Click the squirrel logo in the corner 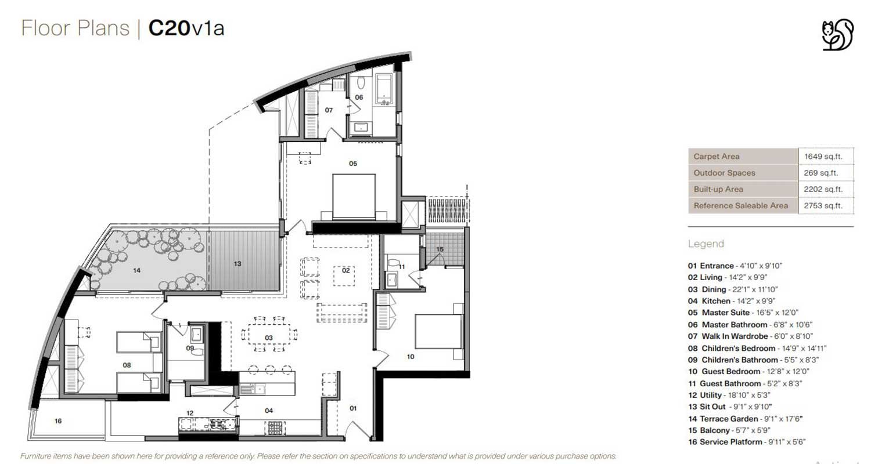click(x=837, y=35)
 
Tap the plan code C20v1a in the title click(x=186, y=28)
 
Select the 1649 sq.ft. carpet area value click(x=823, y=157)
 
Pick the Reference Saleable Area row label click(x=741, y=206)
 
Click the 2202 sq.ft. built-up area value click(x=823, y=190)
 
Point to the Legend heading click(x=706, y=244)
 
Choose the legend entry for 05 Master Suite click(x=743, y=313)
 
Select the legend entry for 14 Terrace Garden click(x=746, y=419)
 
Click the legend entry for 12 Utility click(x=729, y=395)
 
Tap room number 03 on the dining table click(x=269, y=338)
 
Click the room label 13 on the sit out click(x=237, y=264)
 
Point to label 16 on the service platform click(x=58, y=421)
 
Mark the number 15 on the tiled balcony click(x=440, y=249)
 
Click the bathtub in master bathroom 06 click(x=383, y=89)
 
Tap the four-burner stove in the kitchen click(x=275, y=428)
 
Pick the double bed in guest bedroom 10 click(x=439, y=332)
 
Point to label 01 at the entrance click(x=352, y=408)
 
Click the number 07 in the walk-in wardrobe click(x=329, y=110)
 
